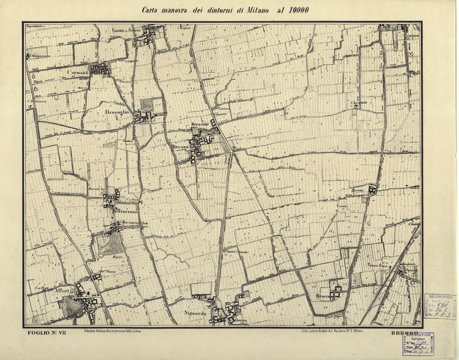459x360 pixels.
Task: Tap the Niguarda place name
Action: coord(195,314)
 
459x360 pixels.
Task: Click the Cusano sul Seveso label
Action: coord(126,30)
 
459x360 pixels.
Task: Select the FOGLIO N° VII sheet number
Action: coord(46,333)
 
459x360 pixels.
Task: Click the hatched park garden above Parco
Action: coord(109,244)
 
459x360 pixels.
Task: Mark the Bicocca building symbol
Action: coord(337,290)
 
